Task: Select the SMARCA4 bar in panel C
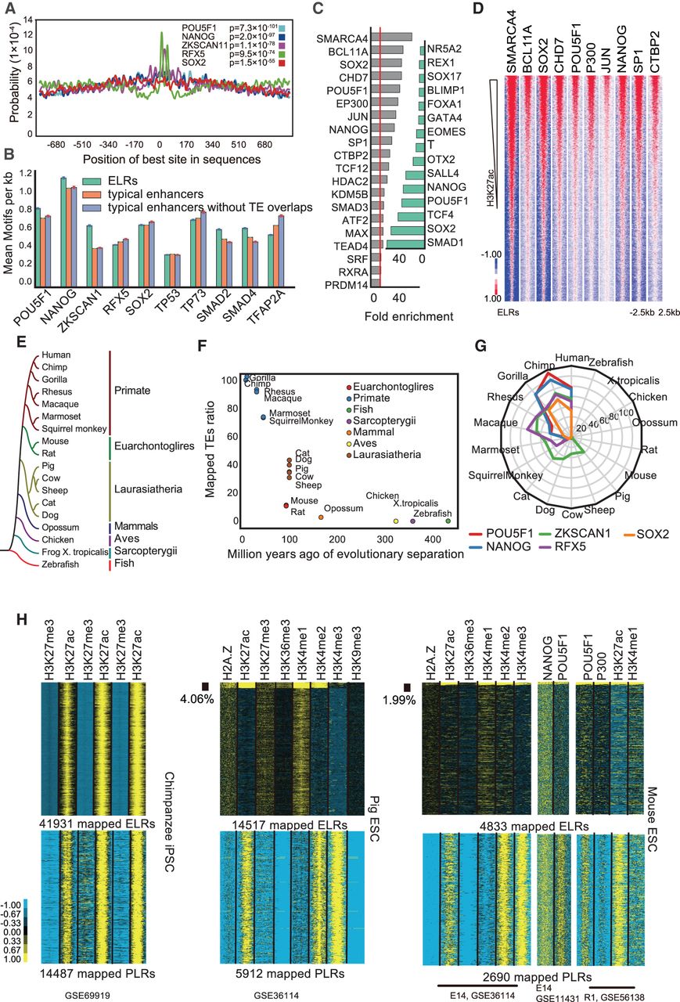tap(396, 37)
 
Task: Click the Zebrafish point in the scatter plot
tap(448, 521)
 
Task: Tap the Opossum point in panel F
tap(321, 517)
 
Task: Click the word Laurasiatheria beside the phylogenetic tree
tap(148, 489)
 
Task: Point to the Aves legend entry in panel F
tap(370, 442)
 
